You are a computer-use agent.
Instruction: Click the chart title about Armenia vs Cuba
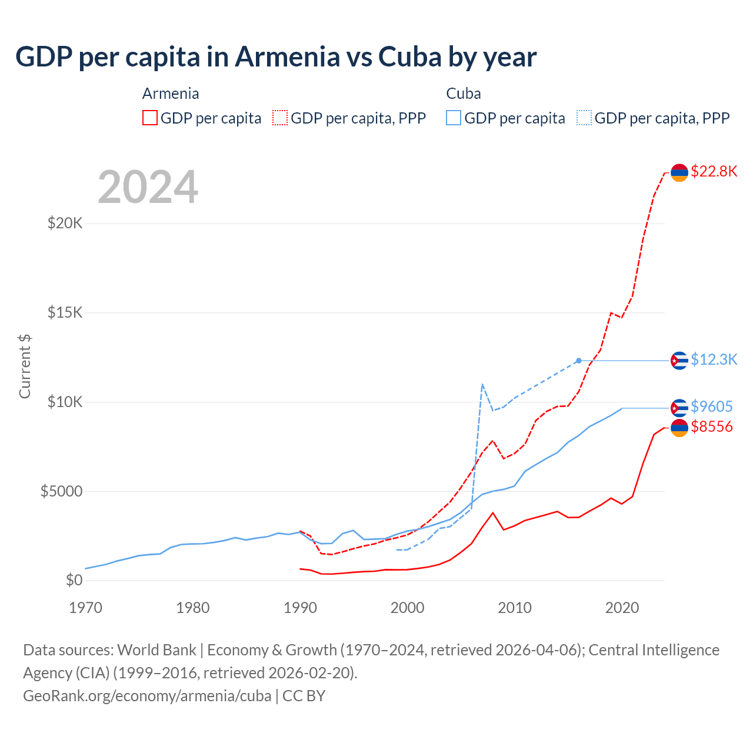click(276, 57)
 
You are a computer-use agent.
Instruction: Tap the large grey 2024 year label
click(148, 187)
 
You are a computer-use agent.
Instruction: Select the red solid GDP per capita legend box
click(150, 118)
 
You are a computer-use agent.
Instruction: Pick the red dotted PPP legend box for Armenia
click(280, 118)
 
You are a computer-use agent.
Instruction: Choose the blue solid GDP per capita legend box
click(454, 118)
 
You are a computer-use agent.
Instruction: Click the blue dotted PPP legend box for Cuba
click(584, 118)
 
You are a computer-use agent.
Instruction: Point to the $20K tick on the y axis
click(65, 224)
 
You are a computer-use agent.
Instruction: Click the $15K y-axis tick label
click(65, 312)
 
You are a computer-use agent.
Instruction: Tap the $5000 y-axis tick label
click(61, 491)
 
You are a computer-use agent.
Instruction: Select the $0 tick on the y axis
click(74, 580)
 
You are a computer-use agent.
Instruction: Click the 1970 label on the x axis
click(85, 608)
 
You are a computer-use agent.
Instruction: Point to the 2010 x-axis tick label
click(515, 608)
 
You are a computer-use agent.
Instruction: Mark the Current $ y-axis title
click(25, 366)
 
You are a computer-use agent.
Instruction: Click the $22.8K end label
click(714, 171)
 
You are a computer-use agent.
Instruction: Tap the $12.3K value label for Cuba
click(714, 359)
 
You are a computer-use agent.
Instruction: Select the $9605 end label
click(712, 407)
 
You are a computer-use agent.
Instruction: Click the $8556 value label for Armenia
click(712, 427)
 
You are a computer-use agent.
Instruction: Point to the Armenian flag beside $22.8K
click(679, 172)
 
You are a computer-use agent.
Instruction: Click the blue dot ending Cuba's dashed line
click(579, 361)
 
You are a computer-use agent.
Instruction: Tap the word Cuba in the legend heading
click(464, 94)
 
